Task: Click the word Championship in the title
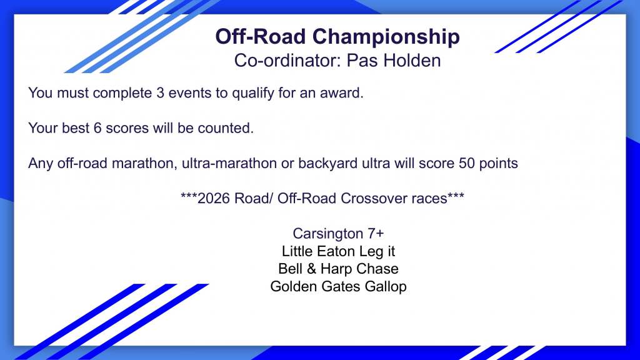click(x=386, y=37)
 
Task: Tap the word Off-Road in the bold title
click(x=261, y=36)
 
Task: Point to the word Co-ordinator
click(x=287, y=61)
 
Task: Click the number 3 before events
click(x=160, y=93)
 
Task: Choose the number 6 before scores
click(x=97, y=128)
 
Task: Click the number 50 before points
click(x=467, y=163)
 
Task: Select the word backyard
click(x=327, y=164)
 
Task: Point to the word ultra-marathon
click(x=229, y=163)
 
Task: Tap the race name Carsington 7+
click(x=338, y=234)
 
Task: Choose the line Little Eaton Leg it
click(x=338, y=251)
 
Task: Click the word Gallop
click(x=386, y=286)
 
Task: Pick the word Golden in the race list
click(x=294, y=286)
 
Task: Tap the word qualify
click(x=253, y=94)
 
